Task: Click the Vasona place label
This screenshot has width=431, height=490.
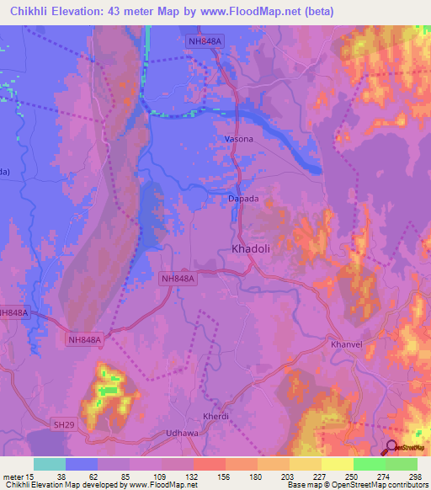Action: pos(239,139)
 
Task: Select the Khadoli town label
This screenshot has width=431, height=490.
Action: pos(251,249)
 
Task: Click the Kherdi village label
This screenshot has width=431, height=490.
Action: pos(216,417)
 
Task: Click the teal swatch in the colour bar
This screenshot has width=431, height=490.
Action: pos(50,464)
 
